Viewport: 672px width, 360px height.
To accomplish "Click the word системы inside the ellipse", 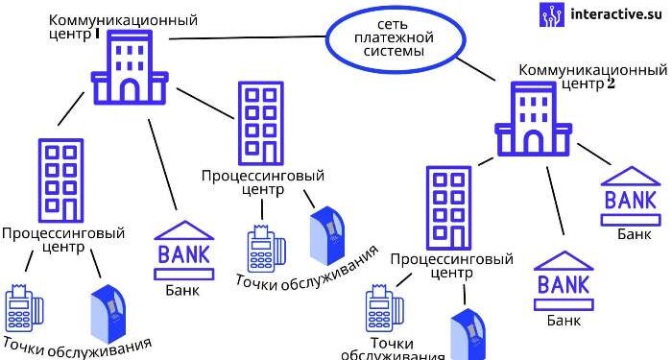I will [x=394, y=52].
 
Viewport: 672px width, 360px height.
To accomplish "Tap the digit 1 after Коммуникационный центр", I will [x=97, y=33].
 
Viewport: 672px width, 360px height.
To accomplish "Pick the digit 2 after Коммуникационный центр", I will [x=610, y=84].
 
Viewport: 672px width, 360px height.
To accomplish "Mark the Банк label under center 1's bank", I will [x=183, y=289].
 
